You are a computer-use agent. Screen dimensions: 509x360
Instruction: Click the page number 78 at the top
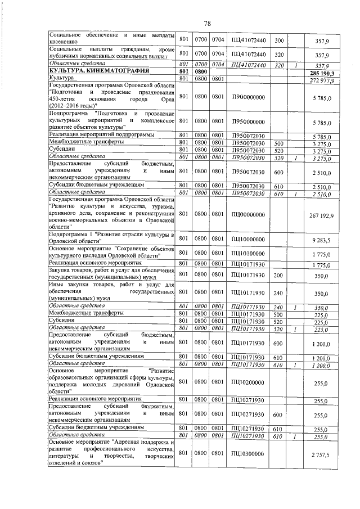207,24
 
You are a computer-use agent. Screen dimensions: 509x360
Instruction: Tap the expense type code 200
277,276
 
